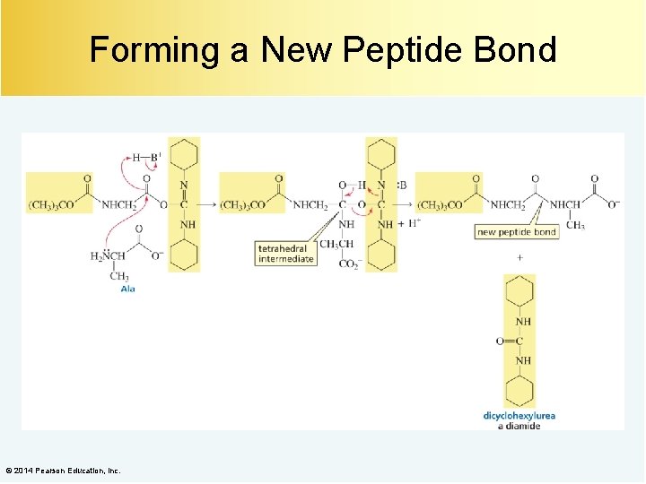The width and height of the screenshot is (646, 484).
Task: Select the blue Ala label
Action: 127,289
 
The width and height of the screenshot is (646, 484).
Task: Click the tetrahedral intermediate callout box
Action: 286,254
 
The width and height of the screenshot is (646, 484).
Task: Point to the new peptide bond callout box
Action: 517,232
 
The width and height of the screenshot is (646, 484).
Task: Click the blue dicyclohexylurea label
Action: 519,416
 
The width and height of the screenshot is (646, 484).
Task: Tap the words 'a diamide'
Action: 519,426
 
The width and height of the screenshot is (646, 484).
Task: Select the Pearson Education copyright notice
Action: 63,471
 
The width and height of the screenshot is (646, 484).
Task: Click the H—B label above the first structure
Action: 144,158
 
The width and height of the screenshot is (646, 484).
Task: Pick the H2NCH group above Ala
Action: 109,256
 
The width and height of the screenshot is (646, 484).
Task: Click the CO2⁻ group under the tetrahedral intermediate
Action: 349,264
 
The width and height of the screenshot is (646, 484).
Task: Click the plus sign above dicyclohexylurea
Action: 519,257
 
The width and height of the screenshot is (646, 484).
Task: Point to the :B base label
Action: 401,186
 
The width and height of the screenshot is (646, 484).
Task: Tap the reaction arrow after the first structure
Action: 208,205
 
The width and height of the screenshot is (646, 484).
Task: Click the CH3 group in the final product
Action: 575,225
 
